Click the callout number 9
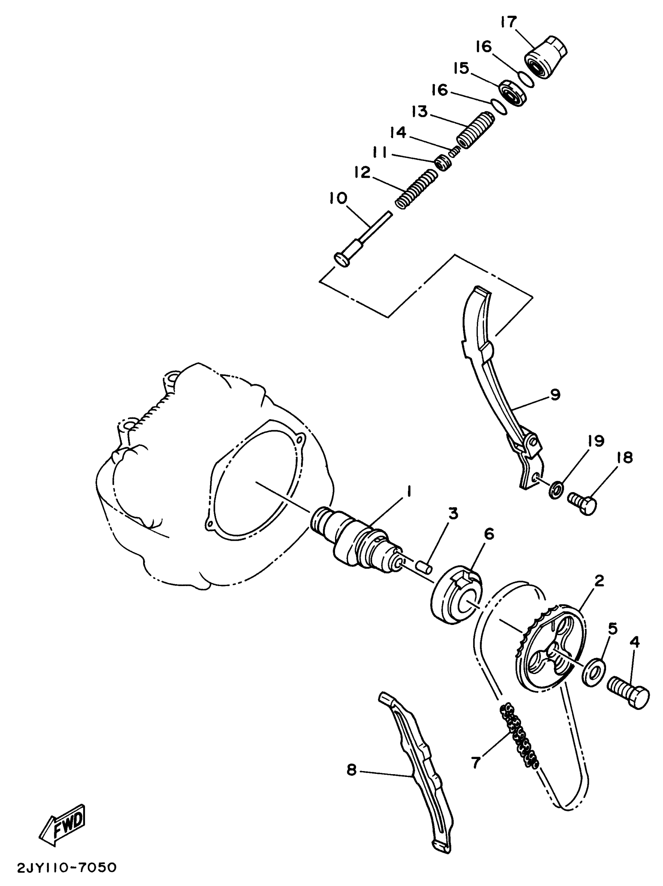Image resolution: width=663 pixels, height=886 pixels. (555, 394)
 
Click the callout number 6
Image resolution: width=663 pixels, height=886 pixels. (489, 534)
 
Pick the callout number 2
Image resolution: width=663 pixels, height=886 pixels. (599, 581)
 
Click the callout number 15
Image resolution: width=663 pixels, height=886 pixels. (461, 69)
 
